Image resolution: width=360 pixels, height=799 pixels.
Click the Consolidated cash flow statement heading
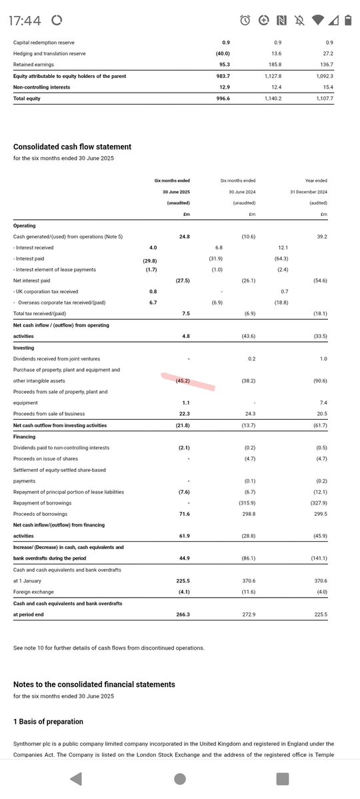(72, 147)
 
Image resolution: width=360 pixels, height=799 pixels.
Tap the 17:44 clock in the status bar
(25, 21)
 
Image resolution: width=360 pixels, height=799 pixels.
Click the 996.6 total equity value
(230, 99)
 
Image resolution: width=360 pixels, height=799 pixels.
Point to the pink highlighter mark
(188, 382)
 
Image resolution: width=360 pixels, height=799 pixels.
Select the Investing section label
(23, 348)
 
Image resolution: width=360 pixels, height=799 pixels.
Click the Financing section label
(25, 436)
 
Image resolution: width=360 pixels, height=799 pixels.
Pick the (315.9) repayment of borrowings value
(249, 503)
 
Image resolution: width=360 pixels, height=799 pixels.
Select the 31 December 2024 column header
(308, 192)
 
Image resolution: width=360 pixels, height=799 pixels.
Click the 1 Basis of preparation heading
(48, 721)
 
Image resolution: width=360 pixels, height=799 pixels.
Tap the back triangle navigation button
(76, 778)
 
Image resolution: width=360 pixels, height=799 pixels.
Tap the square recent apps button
(283, 778)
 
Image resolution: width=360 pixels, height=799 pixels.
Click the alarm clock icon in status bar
(245, 21)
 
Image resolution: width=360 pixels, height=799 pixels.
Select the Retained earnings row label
(34, 65)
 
